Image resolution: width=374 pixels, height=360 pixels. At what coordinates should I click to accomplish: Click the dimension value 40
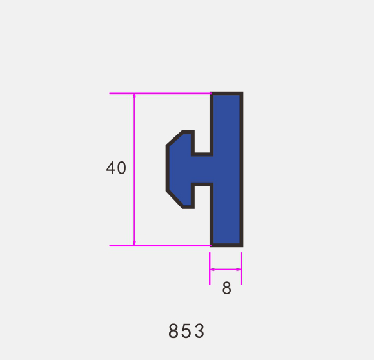click(116, 168)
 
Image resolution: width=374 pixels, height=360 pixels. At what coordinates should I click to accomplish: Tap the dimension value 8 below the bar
click(226, 288)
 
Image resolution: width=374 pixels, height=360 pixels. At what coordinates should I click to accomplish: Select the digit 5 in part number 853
click(186, 331)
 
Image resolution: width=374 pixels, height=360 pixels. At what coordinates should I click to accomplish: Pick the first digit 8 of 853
click(173, 331)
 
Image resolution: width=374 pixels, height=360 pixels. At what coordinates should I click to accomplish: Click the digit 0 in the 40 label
click(122, 168)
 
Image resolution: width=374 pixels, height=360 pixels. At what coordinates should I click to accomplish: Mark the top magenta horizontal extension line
click(160, 94)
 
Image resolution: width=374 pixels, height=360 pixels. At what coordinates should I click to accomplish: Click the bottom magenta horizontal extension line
click(160, 245)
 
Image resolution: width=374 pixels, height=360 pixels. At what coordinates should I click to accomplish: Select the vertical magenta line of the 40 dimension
click(134, 169)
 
